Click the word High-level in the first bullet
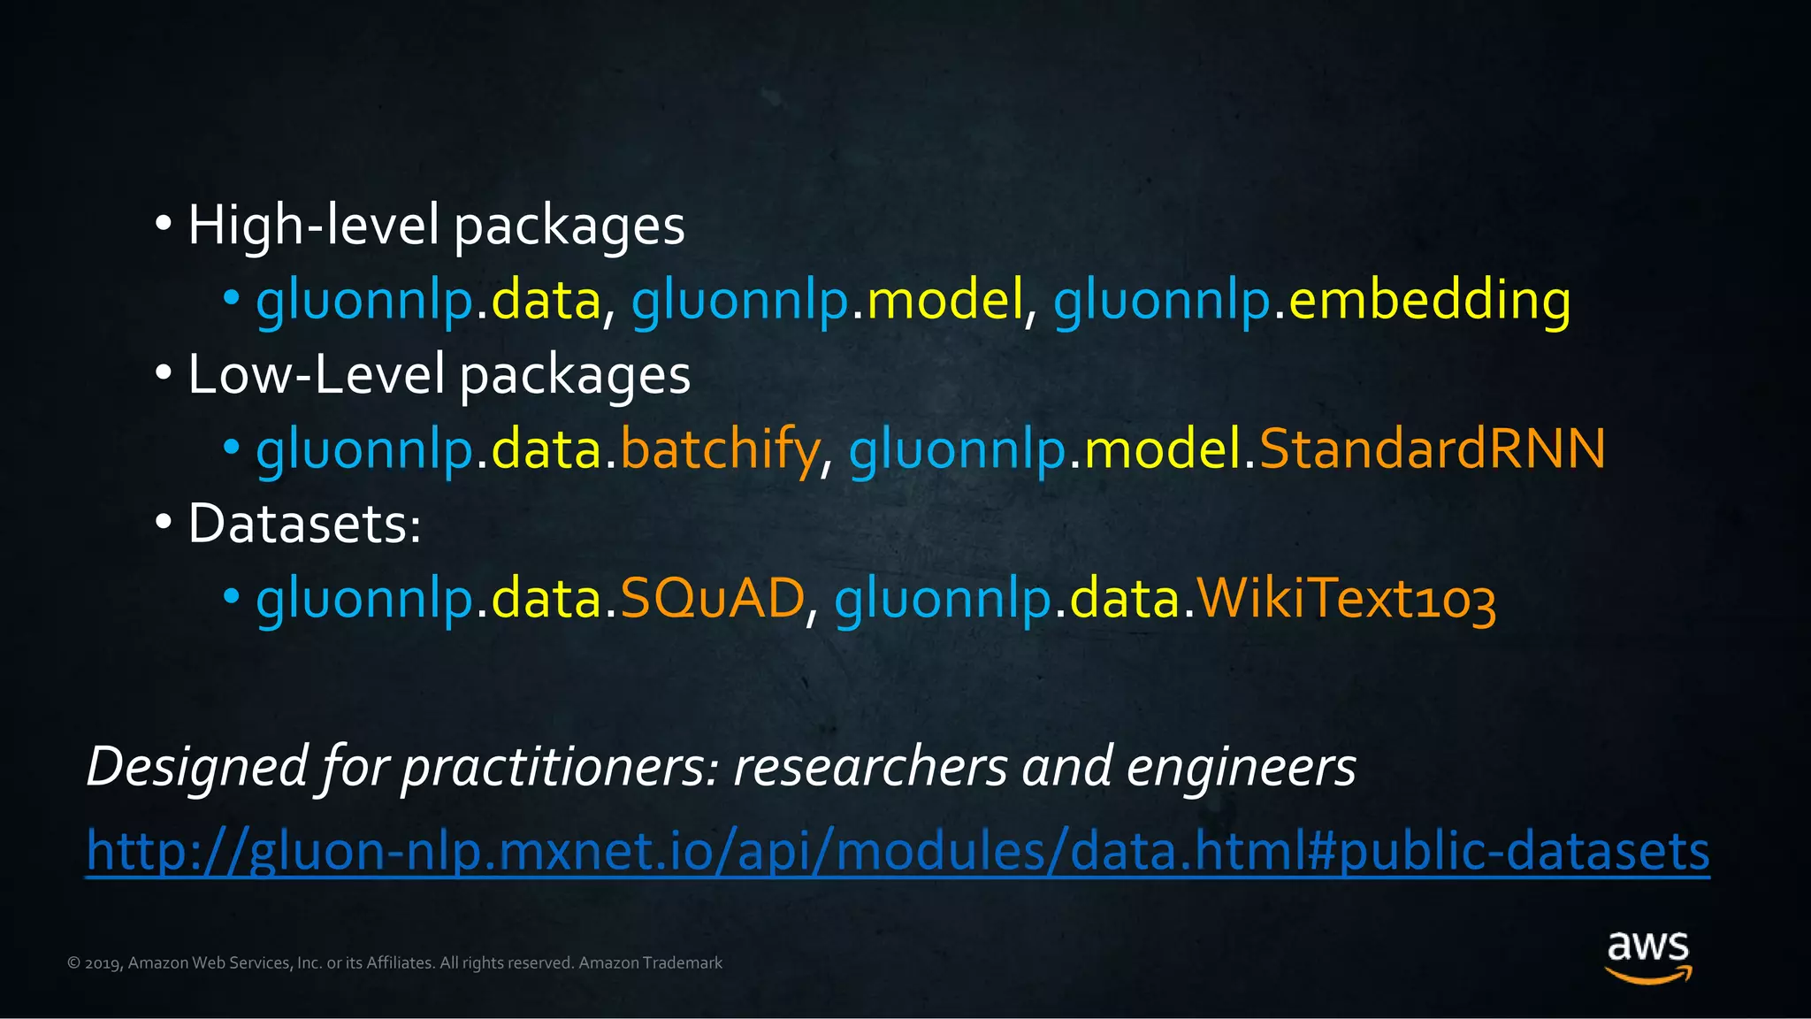313,225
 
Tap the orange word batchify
720,449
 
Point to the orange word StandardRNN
1432,448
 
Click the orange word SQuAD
712,598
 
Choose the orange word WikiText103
1346,599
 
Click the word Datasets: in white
304,524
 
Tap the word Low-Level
316,374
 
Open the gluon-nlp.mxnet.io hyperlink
898,851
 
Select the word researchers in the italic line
870,766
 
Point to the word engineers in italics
1241,766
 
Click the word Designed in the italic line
197,766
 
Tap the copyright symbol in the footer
74,963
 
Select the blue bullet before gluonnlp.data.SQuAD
232,597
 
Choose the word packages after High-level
569,226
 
